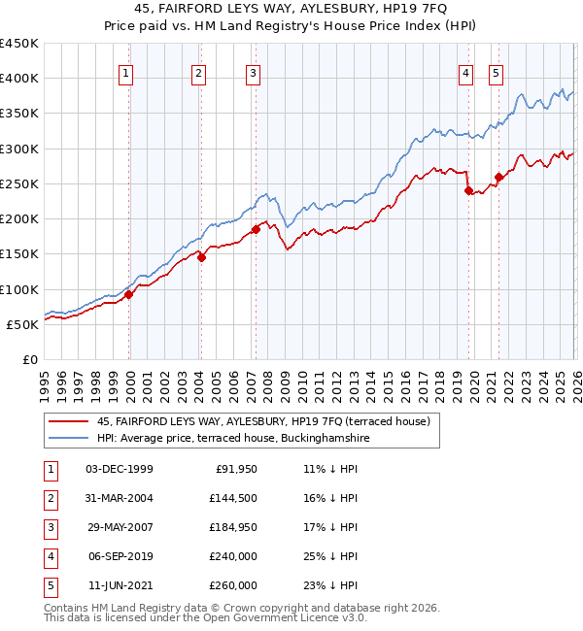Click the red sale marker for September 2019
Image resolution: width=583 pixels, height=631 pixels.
point(468,191)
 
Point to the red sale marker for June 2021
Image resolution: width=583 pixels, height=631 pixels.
point(498,177)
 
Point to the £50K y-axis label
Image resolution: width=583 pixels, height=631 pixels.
point(22,324)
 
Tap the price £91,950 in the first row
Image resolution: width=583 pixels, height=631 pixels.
point(234,469)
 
